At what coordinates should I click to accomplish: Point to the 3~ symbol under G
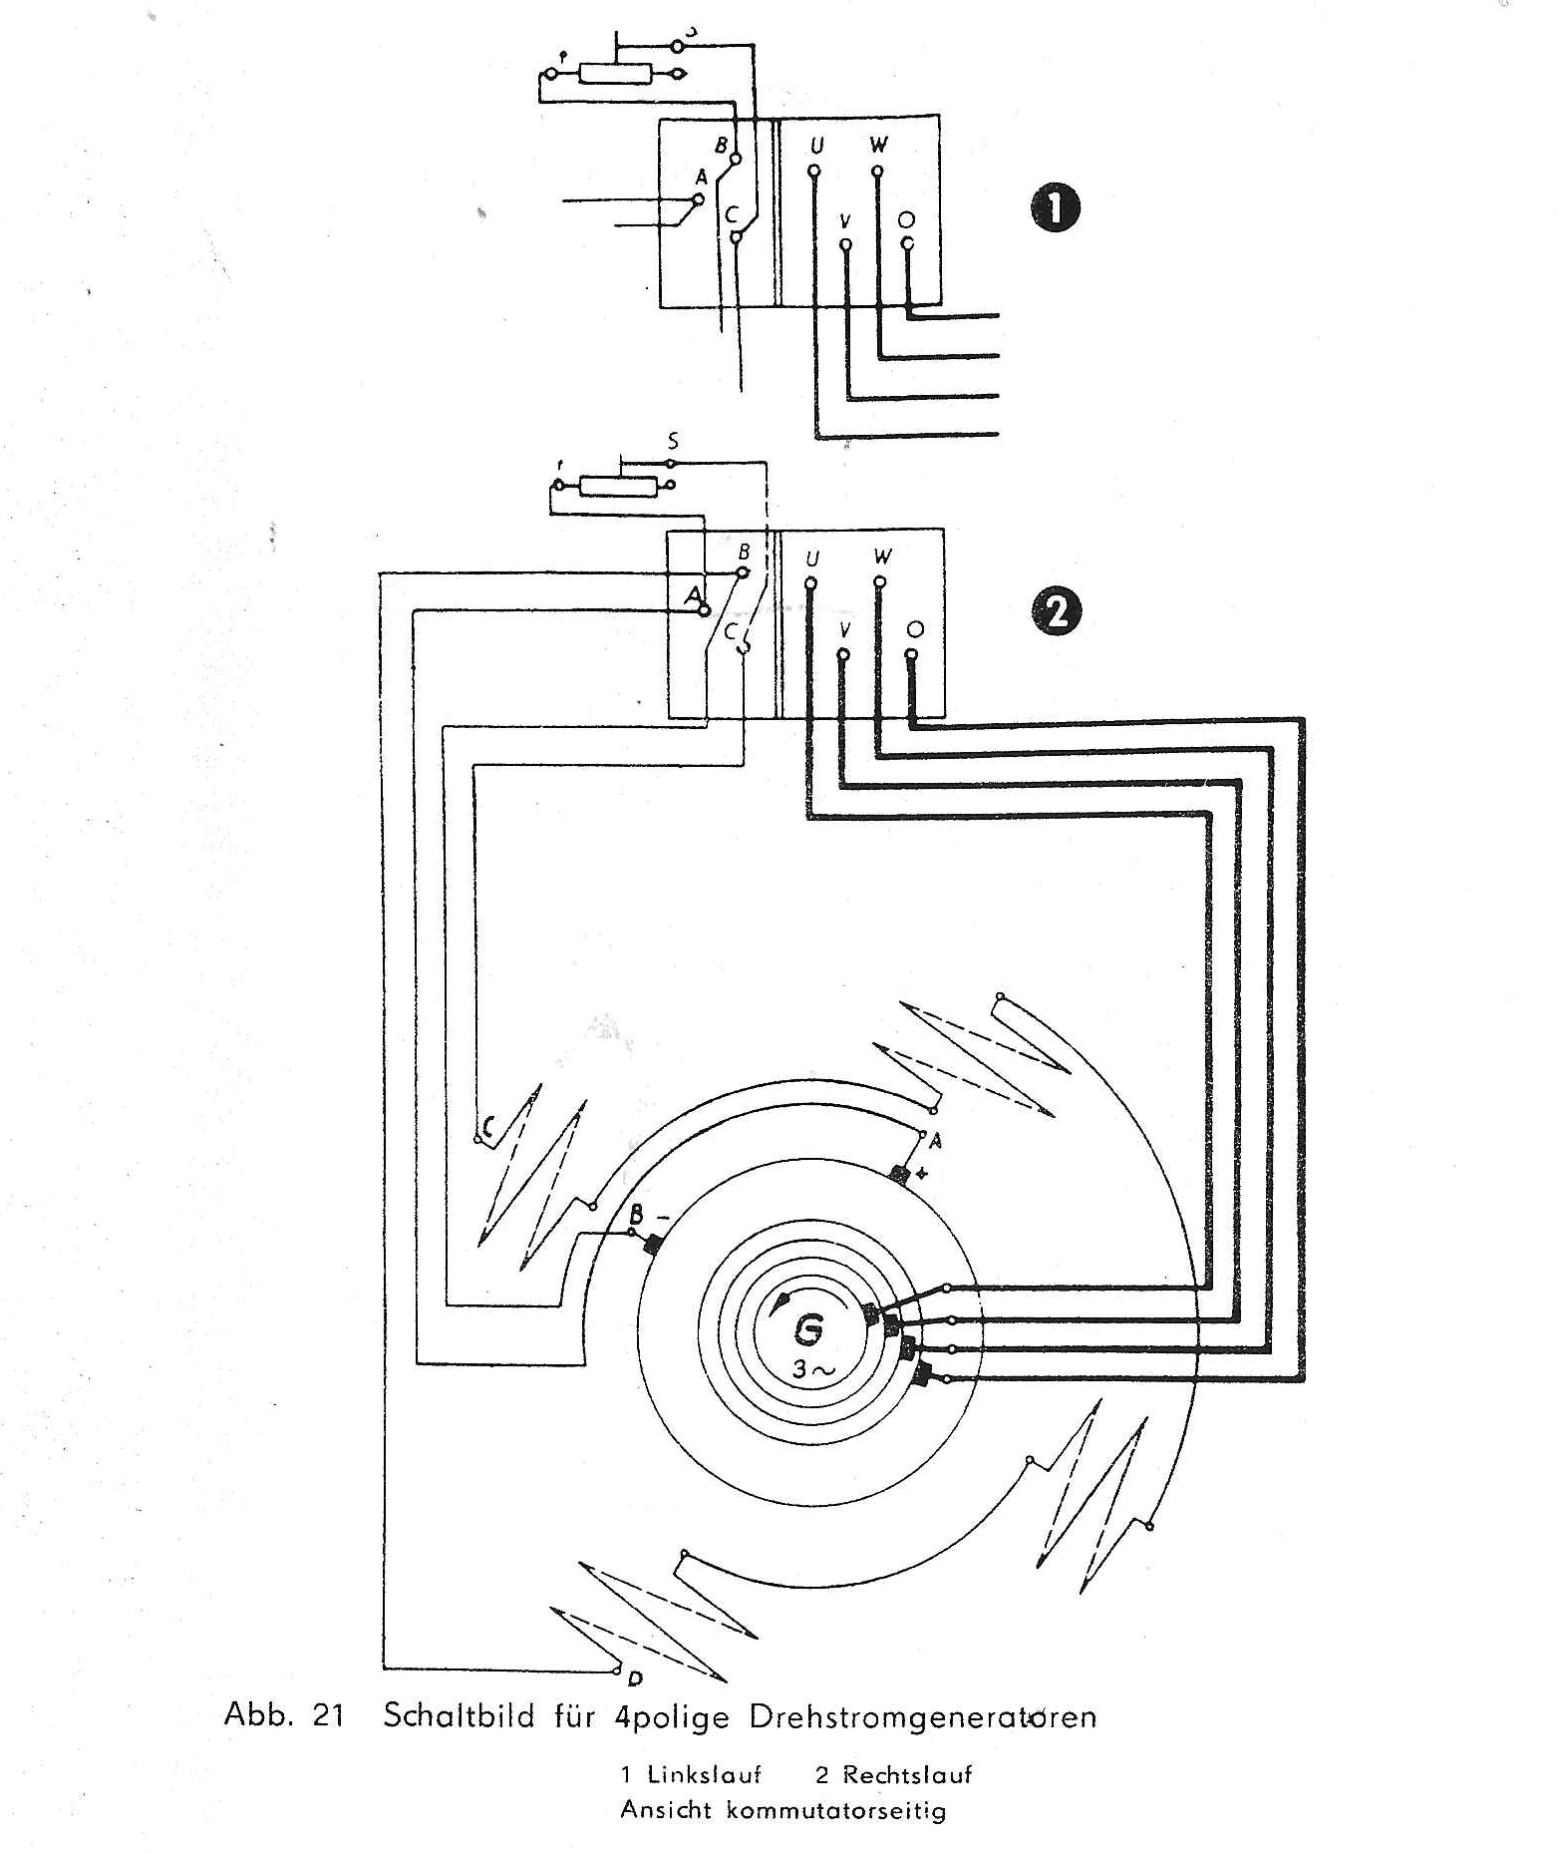click(x=815, y=1369)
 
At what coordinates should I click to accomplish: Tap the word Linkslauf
click(x=704, y=1774)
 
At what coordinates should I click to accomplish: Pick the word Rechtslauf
click(x=906, y=1774)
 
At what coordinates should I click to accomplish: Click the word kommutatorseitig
click(x=835, y=1809)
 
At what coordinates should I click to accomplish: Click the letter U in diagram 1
click(x=816, y=147)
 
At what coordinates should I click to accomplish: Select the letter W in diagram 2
click(x=881, y=556)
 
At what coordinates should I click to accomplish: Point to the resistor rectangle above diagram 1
click(x=615, y=73)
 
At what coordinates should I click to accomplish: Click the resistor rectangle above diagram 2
click(x=619, y=486)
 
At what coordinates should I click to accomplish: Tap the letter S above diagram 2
click(x=674, y=440)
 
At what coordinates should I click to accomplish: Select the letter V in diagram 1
click(x=845, y=219)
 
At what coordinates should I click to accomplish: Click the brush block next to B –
click(x=653, y=1246)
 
